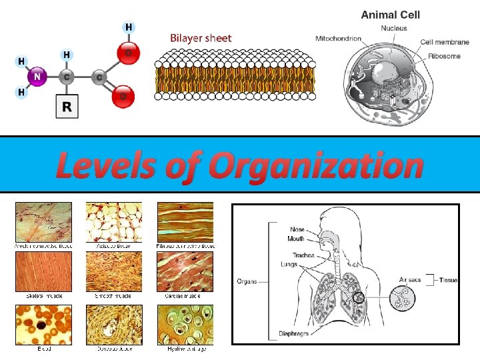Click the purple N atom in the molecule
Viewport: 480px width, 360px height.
point(37,77)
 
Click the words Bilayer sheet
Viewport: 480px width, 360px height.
point(201,38)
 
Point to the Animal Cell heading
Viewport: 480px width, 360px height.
point(390,15)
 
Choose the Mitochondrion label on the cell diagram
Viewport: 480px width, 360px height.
point(338,38)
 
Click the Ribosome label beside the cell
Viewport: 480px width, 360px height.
point(444,56)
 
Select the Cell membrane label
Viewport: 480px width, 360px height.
point(445,42)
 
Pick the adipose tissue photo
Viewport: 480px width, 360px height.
point(113,223)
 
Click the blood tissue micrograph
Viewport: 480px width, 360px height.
point(43,325)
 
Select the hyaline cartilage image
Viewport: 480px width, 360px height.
point(185,325)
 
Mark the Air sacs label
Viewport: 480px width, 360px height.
point(410,280)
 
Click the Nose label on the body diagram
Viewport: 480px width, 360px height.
point(297,229)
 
